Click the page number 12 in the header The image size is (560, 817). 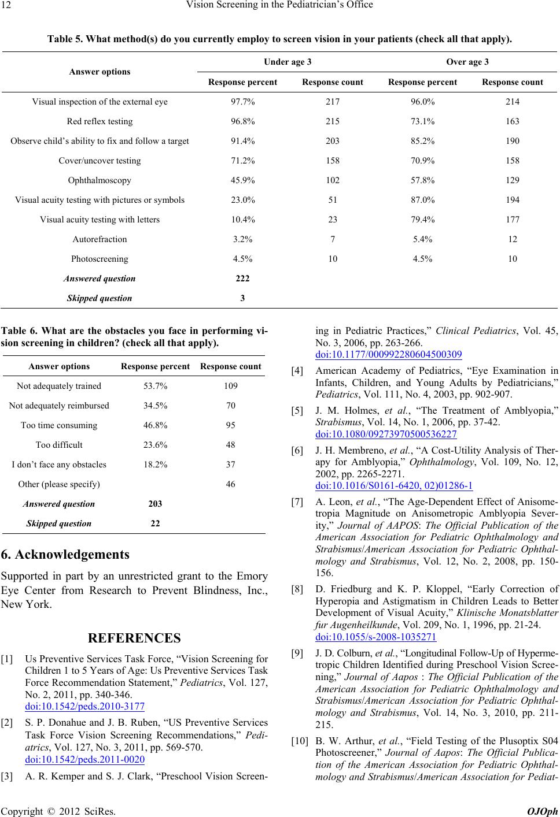10,6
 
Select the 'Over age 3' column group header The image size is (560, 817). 467,62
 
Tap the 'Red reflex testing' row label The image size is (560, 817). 100,121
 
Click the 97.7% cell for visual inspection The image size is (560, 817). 242,102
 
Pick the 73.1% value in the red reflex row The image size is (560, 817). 422,121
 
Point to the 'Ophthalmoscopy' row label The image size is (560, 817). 100,180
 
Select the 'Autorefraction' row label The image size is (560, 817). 100,239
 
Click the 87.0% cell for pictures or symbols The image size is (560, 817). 422,200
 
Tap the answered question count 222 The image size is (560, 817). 242,278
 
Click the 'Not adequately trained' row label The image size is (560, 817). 59,386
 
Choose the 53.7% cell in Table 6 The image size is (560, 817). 155,386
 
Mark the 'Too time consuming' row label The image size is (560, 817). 59,425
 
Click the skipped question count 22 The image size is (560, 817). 155,523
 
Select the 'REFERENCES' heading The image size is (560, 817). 134,622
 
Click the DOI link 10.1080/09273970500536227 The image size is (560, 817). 385,434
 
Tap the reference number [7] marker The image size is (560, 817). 297,503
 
